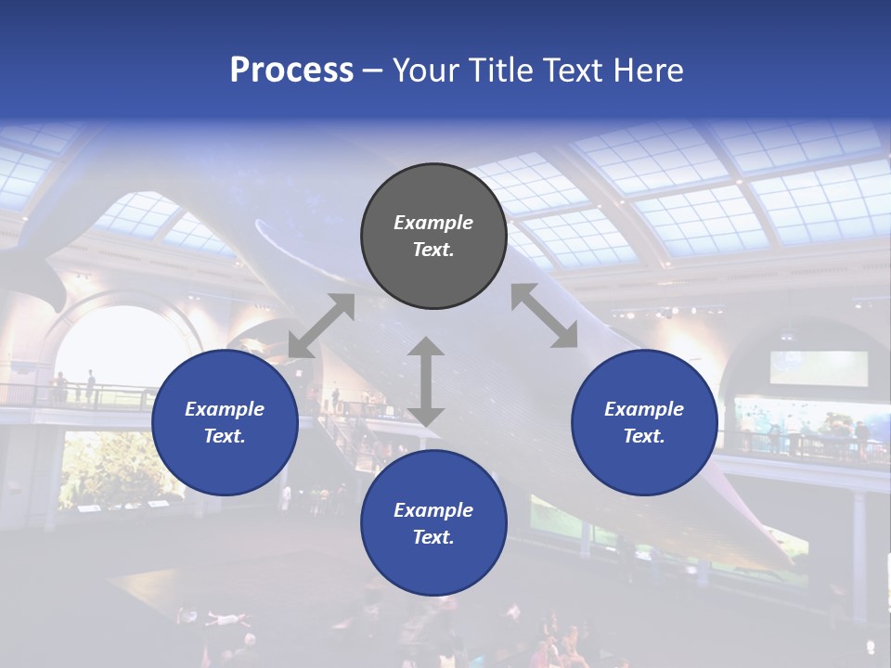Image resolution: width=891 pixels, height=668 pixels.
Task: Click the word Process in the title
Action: (291, 71)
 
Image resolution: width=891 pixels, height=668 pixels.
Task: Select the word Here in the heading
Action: (647, 71)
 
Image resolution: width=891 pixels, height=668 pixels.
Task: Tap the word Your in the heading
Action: (425, 71)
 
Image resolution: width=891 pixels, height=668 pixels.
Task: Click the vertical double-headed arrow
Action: (426, 381)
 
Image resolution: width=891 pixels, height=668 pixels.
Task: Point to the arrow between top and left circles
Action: (321, 326)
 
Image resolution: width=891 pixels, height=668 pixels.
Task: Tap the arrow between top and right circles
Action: (544, 315)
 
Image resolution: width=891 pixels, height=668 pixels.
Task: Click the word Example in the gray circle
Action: (433, 223)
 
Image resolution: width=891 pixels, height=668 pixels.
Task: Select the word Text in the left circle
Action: (225, 436)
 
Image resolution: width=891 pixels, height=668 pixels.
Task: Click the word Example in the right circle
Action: (644, 409)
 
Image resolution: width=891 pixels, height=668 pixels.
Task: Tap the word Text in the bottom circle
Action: (433, 537)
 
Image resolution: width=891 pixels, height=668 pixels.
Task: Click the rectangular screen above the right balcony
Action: (819, 368)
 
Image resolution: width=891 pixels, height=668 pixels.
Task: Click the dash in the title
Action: (373, 71)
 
